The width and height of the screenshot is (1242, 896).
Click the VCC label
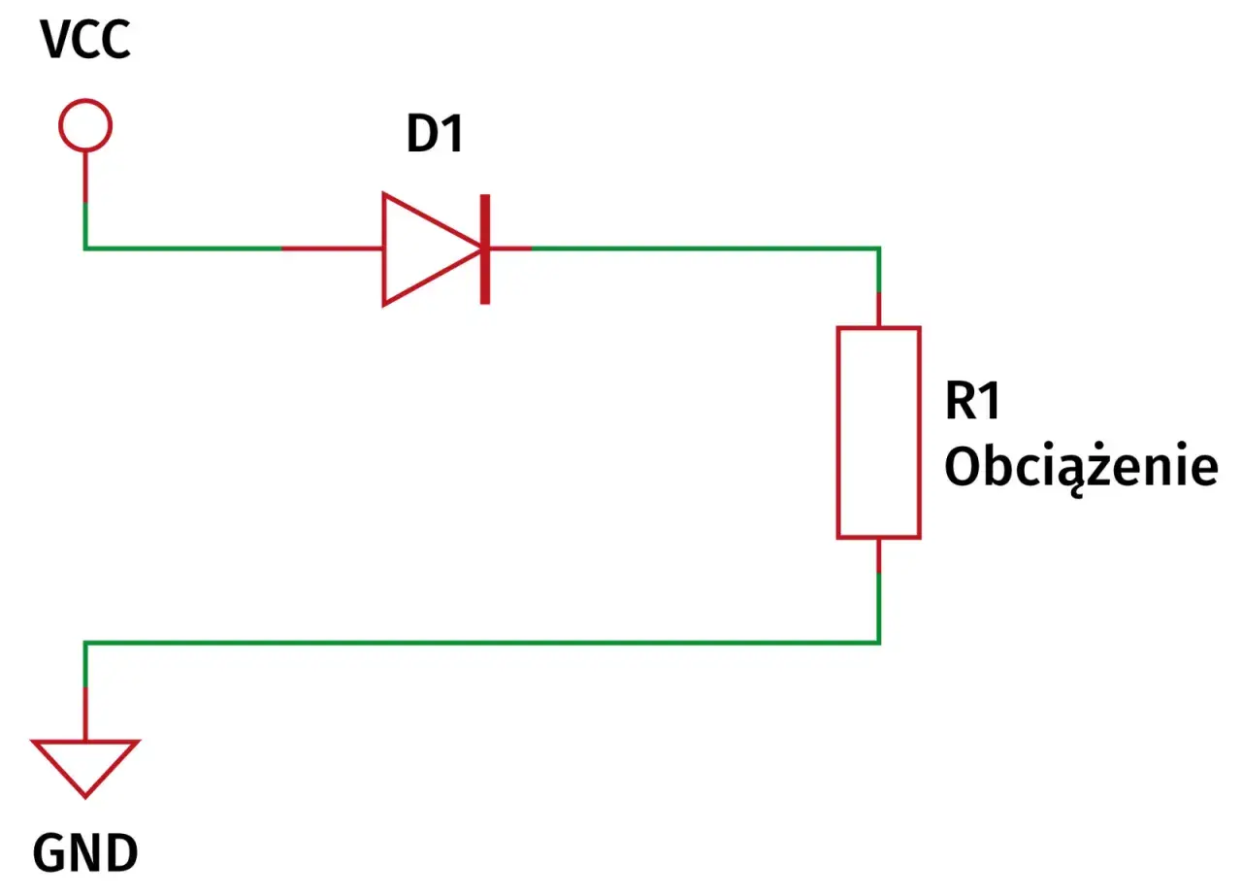[x=85, y=40]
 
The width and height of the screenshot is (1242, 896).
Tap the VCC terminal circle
[x=85, y=102]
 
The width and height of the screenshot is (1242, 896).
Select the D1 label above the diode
[x=436, y=133]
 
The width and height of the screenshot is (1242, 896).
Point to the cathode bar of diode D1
[x=485, y=249]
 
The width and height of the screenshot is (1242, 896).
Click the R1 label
[x=973, y=401]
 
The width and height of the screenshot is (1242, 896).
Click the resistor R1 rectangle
[x=838, y=433]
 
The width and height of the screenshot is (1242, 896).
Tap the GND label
[x=85, y=853]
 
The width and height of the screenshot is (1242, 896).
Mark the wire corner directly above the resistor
[x=879, y=249]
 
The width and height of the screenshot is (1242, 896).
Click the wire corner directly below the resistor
[x=879, y=643]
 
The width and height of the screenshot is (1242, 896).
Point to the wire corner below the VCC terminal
[x=85, y=249]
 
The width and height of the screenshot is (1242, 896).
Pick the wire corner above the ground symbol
[x=85, y=643]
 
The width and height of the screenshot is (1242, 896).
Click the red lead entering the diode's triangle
[x=332, y=249]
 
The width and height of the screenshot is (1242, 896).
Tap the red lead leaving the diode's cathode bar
[x=510, y=249]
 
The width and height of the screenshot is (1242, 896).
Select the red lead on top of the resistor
[x=879, y=310]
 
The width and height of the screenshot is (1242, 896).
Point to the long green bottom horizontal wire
[x=482, y=643]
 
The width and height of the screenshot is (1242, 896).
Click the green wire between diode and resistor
[x=704, y=249]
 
